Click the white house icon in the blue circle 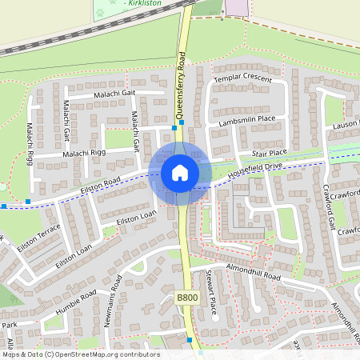pos(180,173)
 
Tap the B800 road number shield pos(186,298)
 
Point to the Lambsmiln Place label pos(246,120)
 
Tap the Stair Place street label pos(269,152)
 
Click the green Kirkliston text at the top pos(149,3)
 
